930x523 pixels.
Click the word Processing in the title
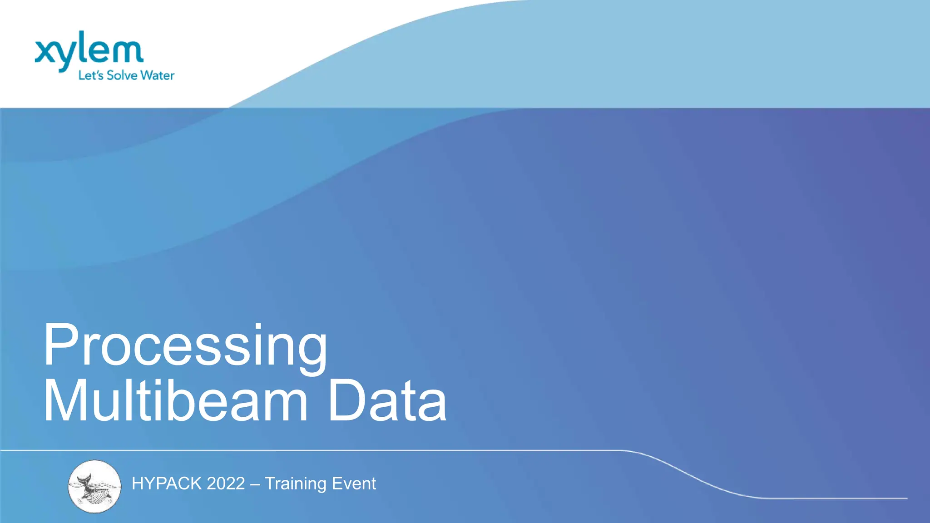(x=185, y=346)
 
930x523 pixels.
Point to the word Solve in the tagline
(x=123, y=75)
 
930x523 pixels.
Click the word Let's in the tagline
(x=91, y=75)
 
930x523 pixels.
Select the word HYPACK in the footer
(x=167, y=484)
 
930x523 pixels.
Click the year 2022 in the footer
(x=226, y=484)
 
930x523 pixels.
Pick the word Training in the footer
(x=295, y=484)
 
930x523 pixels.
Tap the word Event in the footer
(x=354, y=484)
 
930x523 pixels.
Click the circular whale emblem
(x=94, y=486)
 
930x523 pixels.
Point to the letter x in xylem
(x=45, y=52)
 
